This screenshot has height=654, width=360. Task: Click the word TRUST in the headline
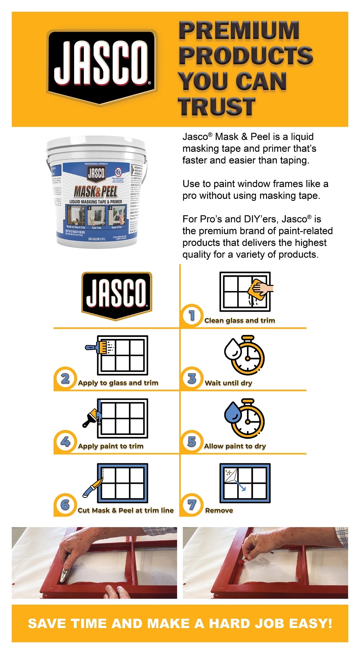217,107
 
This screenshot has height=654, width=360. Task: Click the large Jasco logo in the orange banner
102,67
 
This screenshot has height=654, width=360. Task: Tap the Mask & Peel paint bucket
96,192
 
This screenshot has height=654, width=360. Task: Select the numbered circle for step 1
192,315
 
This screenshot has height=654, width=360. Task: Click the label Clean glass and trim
239,321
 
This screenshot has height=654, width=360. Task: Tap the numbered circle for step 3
192,378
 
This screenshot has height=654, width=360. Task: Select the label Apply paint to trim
111,446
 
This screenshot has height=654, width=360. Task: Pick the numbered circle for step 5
192,441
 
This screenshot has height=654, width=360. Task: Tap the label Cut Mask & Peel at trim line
125,510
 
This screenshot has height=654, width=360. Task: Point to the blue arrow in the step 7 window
240,486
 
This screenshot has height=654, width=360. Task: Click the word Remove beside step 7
219,510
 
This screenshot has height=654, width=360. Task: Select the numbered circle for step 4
65,441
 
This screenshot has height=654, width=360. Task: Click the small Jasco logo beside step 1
117,296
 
